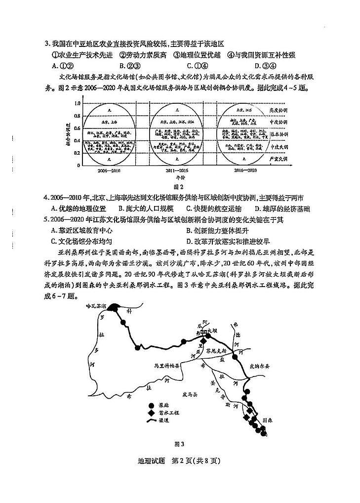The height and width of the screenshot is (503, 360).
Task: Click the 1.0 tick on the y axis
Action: point(77,104)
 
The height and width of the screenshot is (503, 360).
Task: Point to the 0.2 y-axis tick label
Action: point(77,153)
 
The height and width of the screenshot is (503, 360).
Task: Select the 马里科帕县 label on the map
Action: point(166,366)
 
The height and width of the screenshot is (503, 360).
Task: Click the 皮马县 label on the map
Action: point(190,395)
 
